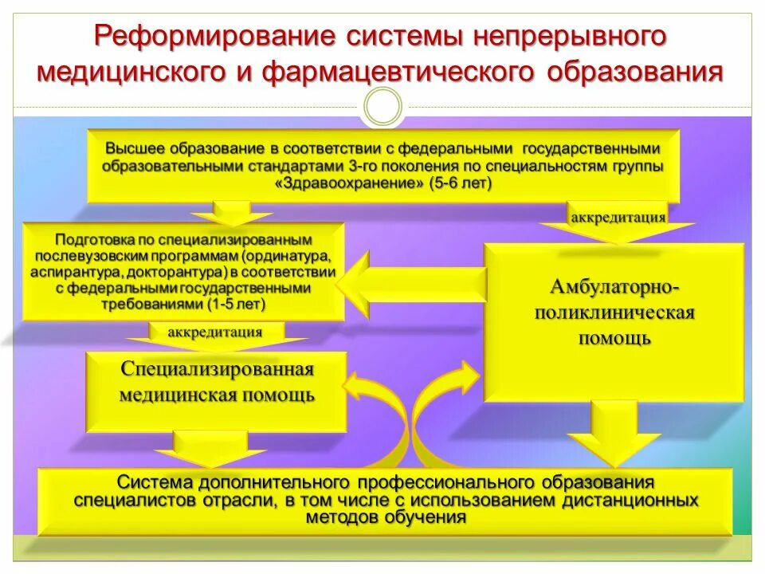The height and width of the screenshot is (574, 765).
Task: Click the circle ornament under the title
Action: coord(383,106)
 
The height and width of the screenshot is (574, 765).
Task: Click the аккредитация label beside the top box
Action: coord(618,216)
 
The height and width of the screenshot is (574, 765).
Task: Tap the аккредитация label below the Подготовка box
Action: coord(214,332)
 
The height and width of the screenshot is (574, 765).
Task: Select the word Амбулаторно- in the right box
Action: coord(614,285)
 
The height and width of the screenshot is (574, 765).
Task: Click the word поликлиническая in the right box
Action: coord(614,312)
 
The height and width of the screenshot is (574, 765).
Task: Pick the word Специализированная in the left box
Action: coord(218,369)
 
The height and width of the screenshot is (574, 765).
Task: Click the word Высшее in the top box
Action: coord(131,149)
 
